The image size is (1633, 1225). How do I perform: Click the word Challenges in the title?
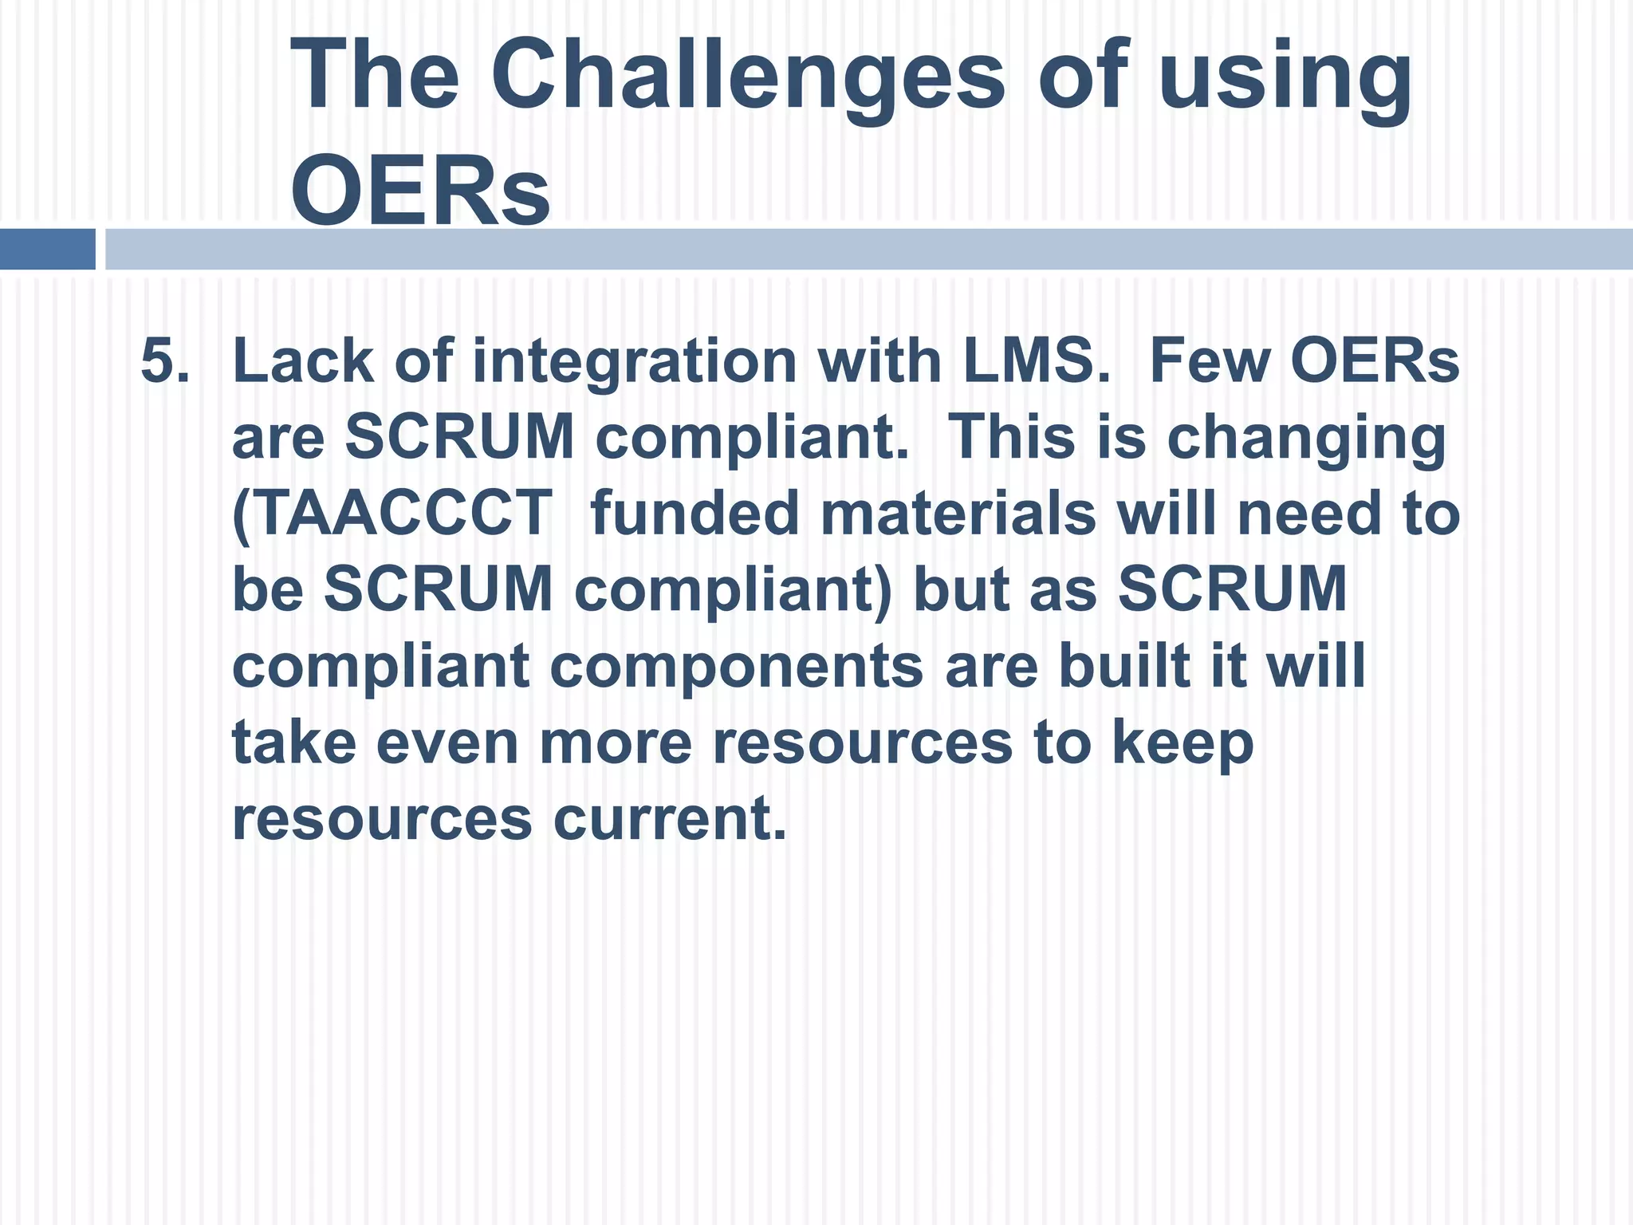click(748, 76)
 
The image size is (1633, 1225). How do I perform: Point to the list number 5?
click(165, 360)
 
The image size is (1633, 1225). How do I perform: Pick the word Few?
click(1210, 360)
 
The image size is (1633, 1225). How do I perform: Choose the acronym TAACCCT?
click(392, 513)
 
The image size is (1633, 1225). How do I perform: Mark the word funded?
click(695, 513)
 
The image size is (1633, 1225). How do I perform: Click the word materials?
click(958, 513)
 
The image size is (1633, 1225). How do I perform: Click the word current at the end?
click(670, 818)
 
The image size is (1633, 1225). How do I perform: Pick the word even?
click(447, 742)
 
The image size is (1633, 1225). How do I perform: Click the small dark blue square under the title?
click(47, 249)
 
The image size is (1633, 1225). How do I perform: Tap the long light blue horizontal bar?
click(869, 249)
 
